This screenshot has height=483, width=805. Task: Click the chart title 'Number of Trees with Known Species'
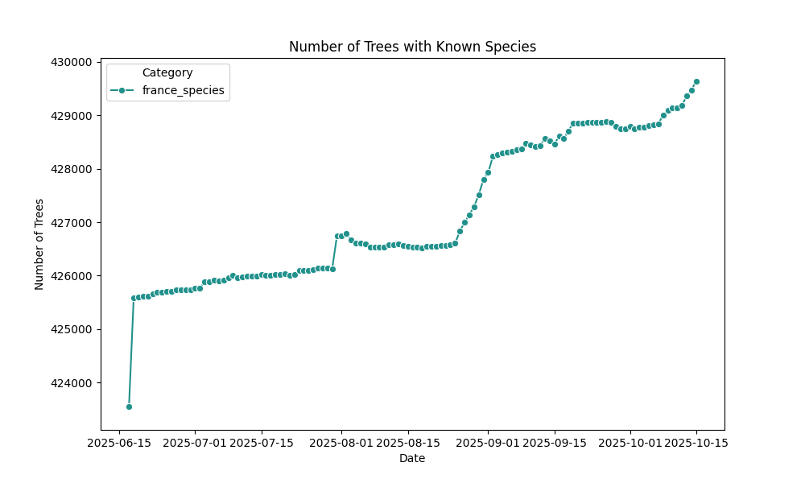[412, 47]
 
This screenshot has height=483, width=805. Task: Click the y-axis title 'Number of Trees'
[39, 244]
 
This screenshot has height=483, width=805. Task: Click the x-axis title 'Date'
[412, 459]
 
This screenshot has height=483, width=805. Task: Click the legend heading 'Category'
[167, 72]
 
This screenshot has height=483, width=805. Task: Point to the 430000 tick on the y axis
[72, 62]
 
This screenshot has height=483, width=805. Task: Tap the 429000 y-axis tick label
[72, 116]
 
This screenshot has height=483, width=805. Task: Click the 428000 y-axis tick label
[72, 169]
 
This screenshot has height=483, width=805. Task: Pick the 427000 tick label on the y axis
[72, 222]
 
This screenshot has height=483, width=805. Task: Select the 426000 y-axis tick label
[72, 276]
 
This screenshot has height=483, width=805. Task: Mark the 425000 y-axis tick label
[72, 329]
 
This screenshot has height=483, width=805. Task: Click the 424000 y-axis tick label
[72, 382]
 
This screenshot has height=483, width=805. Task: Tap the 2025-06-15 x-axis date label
[120, 443]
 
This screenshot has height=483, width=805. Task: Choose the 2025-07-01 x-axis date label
[195, 443]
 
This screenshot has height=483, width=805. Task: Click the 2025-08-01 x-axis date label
[341, 443]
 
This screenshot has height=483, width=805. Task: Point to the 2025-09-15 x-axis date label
[555, 443]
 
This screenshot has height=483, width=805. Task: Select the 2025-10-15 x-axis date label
[696, 443]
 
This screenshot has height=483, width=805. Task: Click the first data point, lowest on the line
[129, 407]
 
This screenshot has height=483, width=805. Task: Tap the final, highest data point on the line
[696, 81]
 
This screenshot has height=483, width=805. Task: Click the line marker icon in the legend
[122, 90]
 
